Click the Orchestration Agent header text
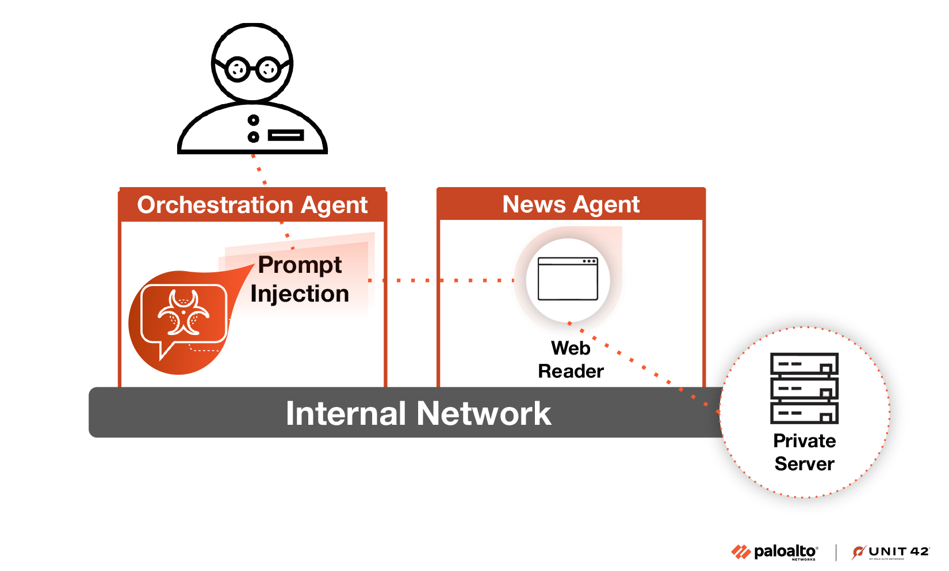[x=252, y=205]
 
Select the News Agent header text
[x=571, y=204]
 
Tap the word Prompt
[x=300, y=265]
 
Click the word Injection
[x=300, y=294]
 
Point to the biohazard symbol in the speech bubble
[x=183, y=313]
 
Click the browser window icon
[x=568, y=279]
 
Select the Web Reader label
[x=571, y=360]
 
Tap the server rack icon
[x=804, y=389]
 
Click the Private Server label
[x=804, y=452]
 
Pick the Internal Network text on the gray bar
[x=418, y=413]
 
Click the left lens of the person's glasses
[x=237, y=70]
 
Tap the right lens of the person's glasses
[x=268, y=70]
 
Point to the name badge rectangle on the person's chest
[x=286, y=136]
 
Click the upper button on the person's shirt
[x=253, y=120]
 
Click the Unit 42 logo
[x=891, y=552]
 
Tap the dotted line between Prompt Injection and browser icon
[x=449, y=280]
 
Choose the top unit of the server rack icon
[x=804, y=364]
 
